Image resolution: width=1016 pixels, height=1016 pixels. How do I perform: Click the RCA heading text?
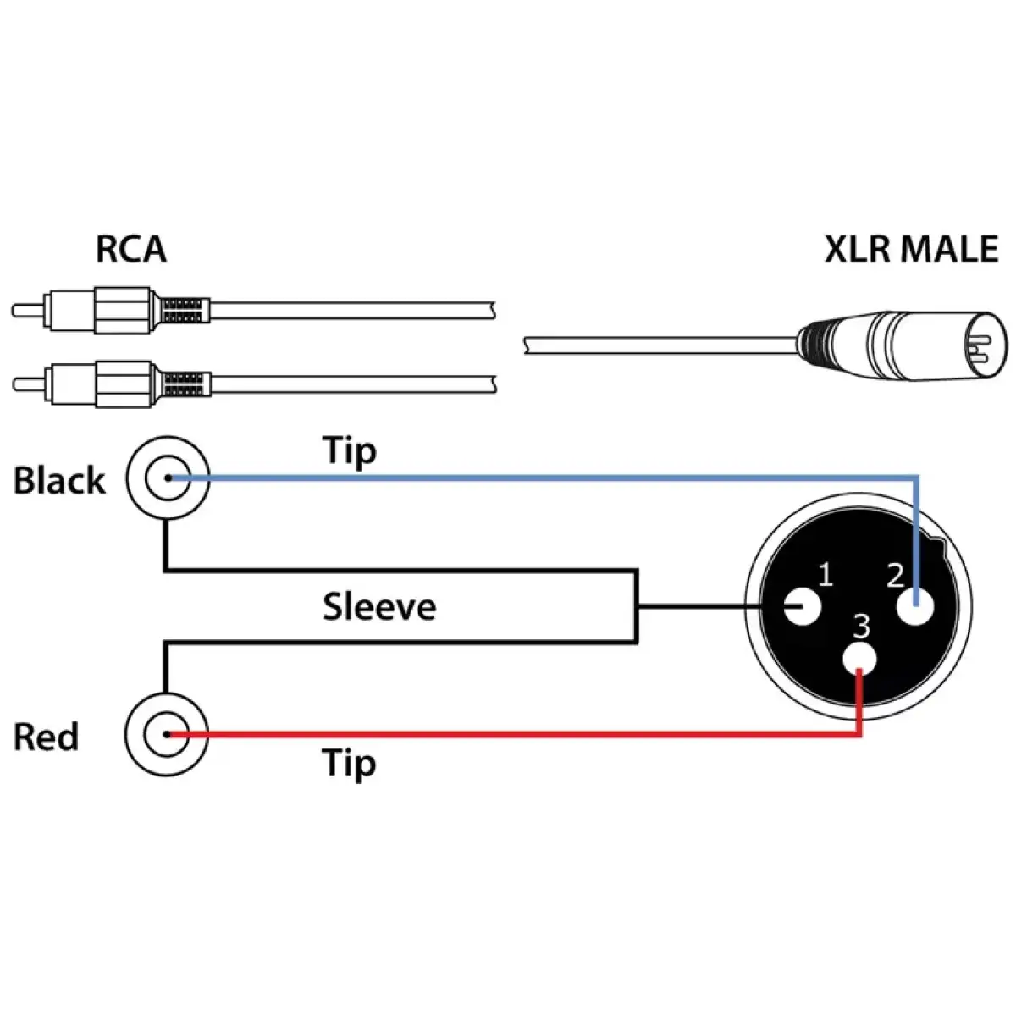[x=130, y=250]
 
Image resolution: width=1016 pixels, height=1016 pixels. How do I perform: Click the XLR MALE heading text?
[x=911, y=250]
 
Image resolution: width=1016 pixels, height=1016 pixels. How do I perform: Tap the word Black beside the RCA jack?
[x=59, y=480]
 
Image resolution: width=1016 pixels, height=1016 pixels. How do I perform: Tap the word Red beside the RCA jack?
[x=46, y=737]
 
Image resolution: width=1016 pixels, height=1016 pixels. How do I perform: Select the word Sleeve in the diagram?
[x=379, y=607]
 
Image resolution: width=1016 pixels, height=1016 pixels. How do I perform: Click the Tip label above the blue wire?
[x=349, y=451]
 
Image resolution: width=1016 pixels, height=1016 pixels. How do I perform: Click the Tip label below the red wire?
[x=349, y=763]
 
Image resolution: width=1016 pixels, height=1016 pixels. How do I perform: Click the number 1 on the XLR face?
[x=825, y=576]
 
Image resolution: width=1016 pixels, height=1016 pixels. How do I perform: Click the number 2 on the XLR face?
[x=895, y=576]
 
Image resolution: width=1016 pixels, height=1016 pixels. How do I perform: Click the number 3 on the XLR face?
[x=861, y=627]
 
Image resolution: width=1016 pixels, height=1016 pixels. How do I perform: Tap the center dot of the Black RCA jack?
[x=168, y=478]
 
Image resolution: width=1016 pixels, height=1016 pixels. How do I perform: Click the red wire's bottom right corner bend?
[x=859, y=735]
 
